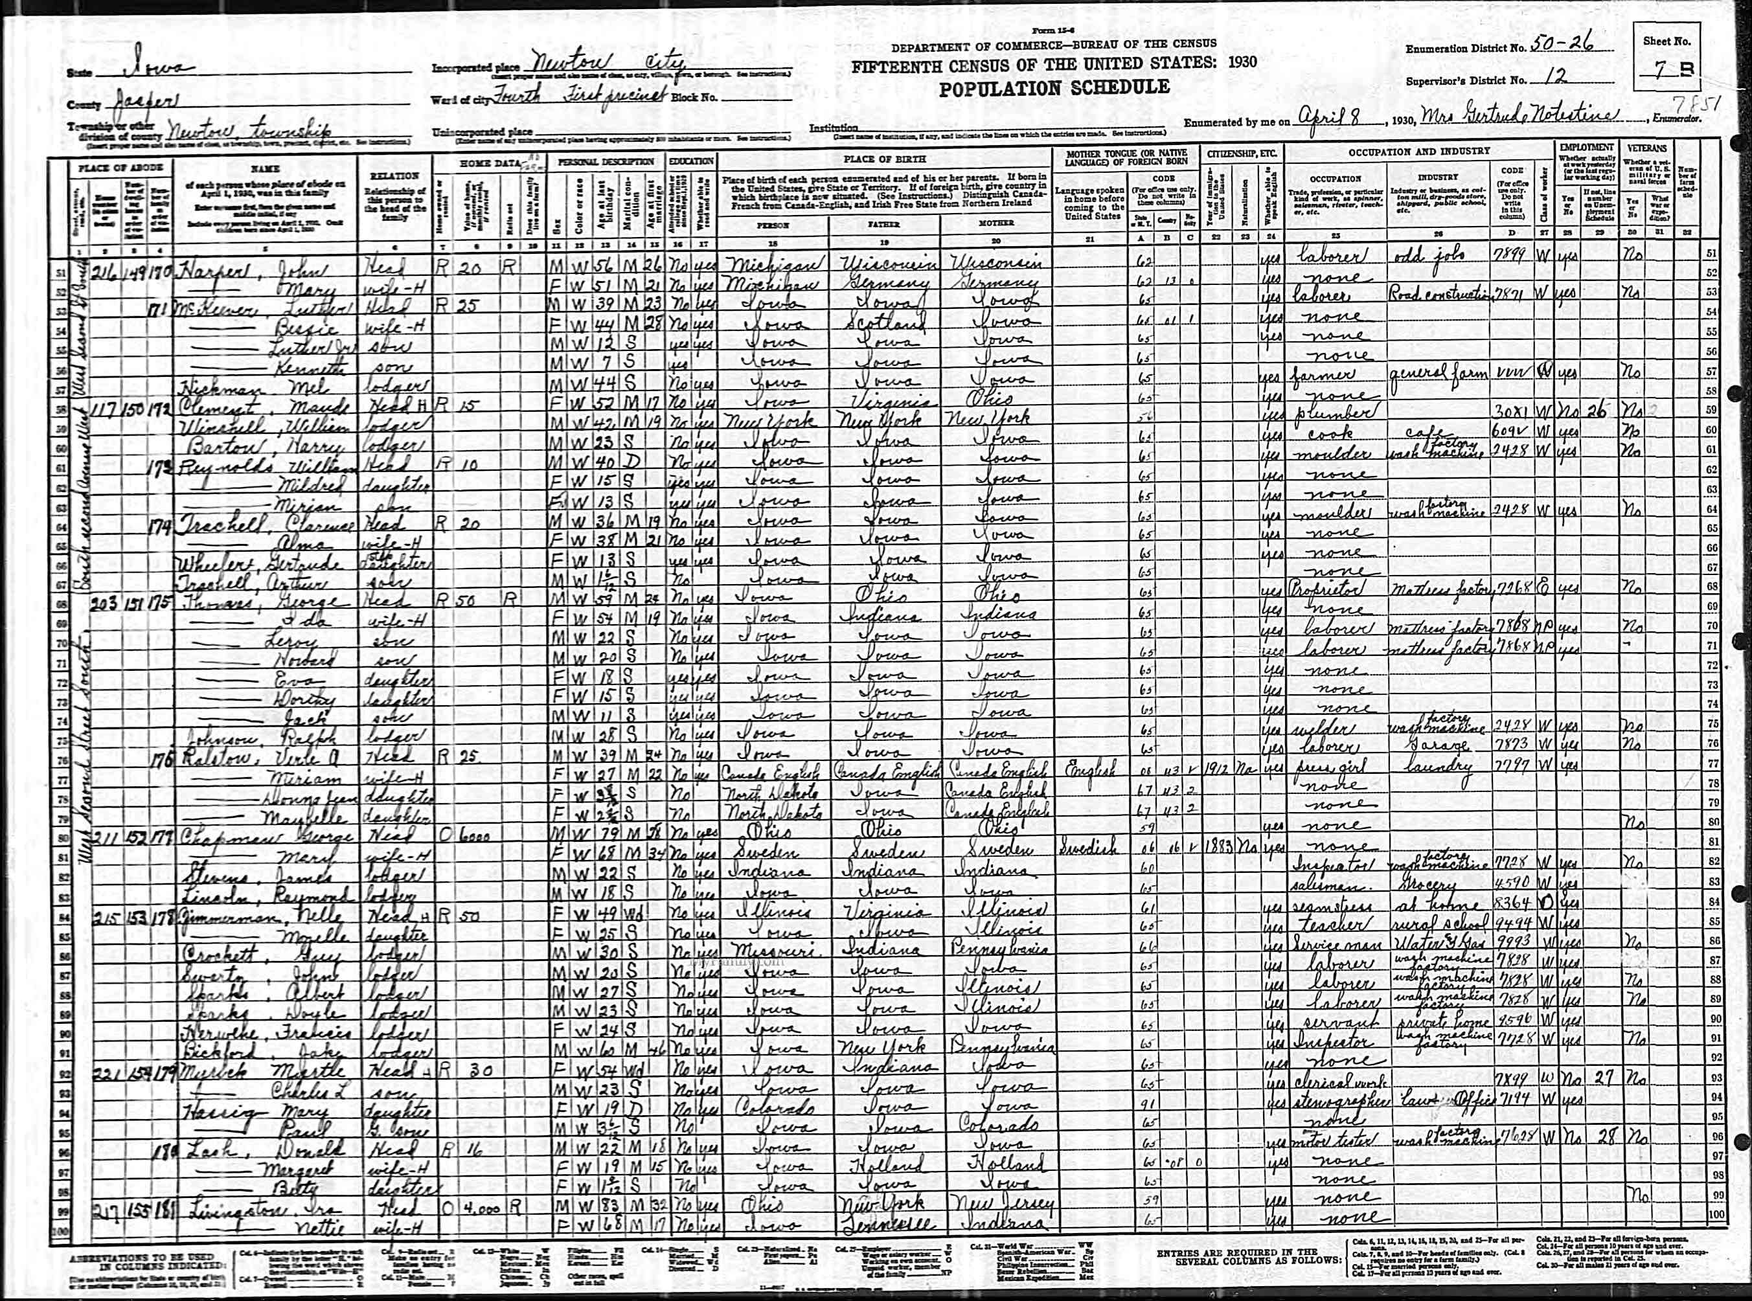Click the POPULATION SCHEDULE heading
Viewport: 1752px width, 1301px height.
(1053, 88)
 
